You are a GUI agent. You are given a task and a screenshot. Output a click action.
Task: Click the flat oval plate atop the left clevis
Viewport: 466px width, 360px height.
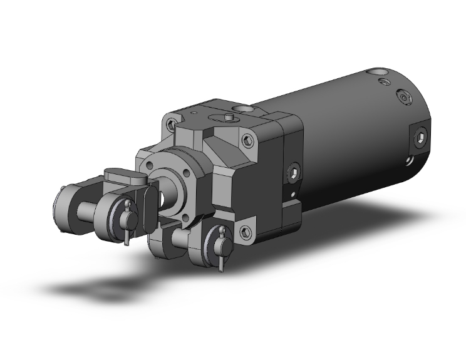[125, 177]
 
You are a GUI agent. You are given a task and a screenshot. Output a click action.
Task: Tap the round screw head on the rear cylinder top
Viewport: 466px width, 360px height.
[404, 98]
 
